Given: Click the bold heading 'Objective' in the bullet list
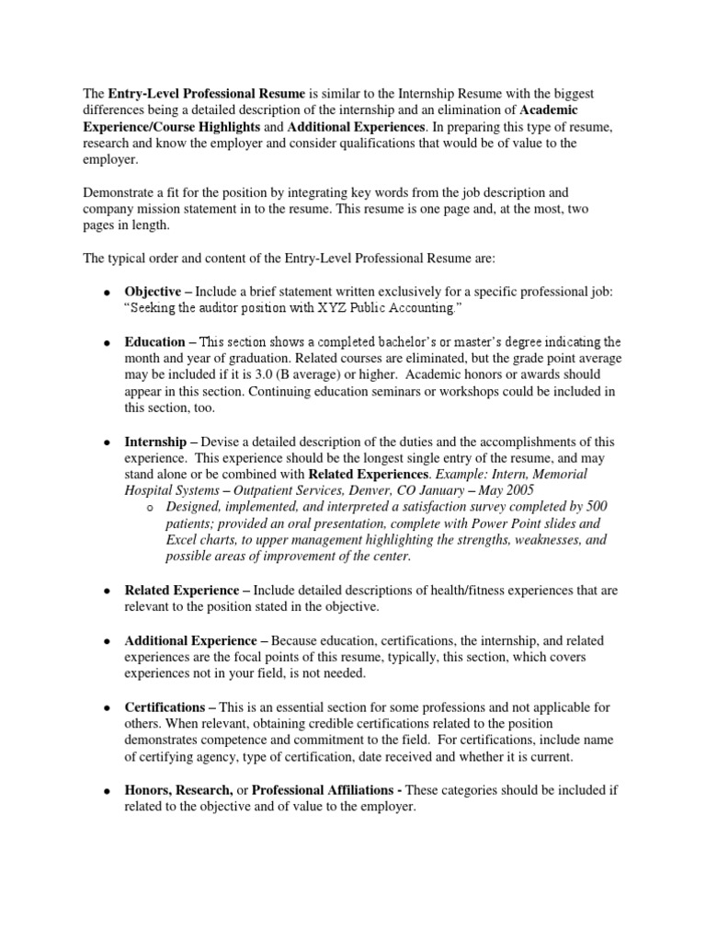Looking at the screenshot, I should click(x=153, y=292).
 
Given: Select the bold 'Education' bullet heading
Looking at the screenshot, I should click(x=154, y=342).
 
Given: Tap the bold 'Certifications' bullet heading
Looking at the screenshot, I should click(x=164, y=706).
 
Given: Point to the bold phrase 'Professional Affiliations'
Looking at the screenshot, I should click(x=326, y=790).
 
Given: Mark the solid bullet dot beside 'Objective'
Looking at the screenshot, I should click(x=107, y=293).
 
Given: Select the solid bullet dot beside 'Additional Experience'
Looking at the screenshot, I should click(x=107, y=640).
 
